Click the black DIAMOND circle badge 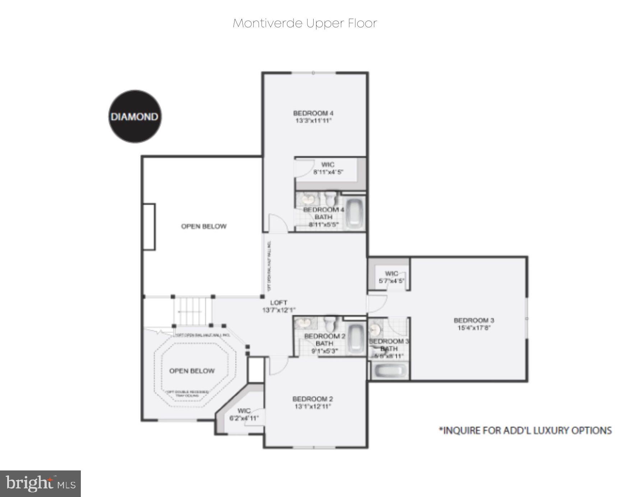[x=135, y=116]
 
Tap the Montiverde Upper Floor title [x=305, y=23]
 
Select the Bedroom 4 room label [x=313, y=113]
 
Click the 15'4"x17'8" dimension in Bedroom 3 [x=474, y=328]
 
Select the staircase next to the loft [x=193, y=311]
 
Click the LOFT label [x=278, y=303]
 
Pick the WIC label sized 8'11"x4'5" [x=328, y=165]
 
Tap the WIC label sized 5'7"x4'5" [x=391, y=273]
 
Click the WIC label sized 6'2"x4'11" [x=244, y=411]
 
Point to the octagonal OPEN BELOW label [x=192, y=371]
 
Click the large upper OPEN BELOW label [x=204, y=226]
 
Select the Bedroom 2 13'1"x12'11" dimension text [x=313, y=407]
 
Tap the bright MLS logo [x=40, y=483]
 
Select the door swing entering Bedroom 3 [x=377, y=304]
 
